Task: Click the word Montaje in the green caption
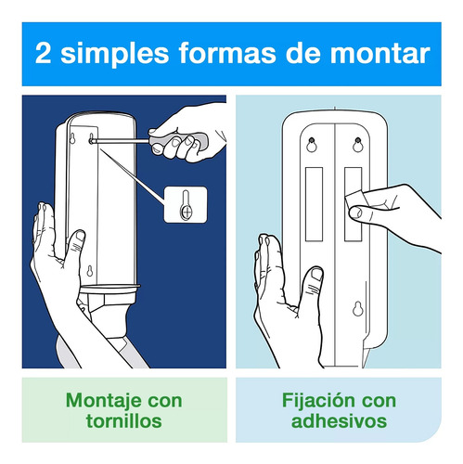(98, 401)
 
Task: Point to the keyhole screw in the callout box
(185, 203)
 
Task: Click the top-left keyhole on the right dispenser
(312, 144)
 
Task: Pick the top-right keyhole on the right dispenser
(356, 144)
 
